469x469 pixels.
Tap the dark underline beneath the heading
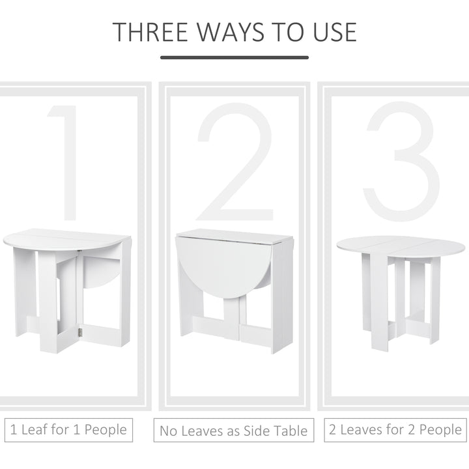pos(234,57)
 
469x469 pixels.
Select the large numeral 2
pos(235,163)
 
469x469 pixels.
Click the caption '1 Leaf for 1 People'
pos(68,430)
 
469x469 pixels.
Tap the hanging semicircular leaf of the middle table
pos(221,267)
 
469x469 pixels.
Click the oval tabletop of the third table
pos(401,246)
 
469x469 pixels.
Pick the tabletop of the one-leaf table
pos(65,239)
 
